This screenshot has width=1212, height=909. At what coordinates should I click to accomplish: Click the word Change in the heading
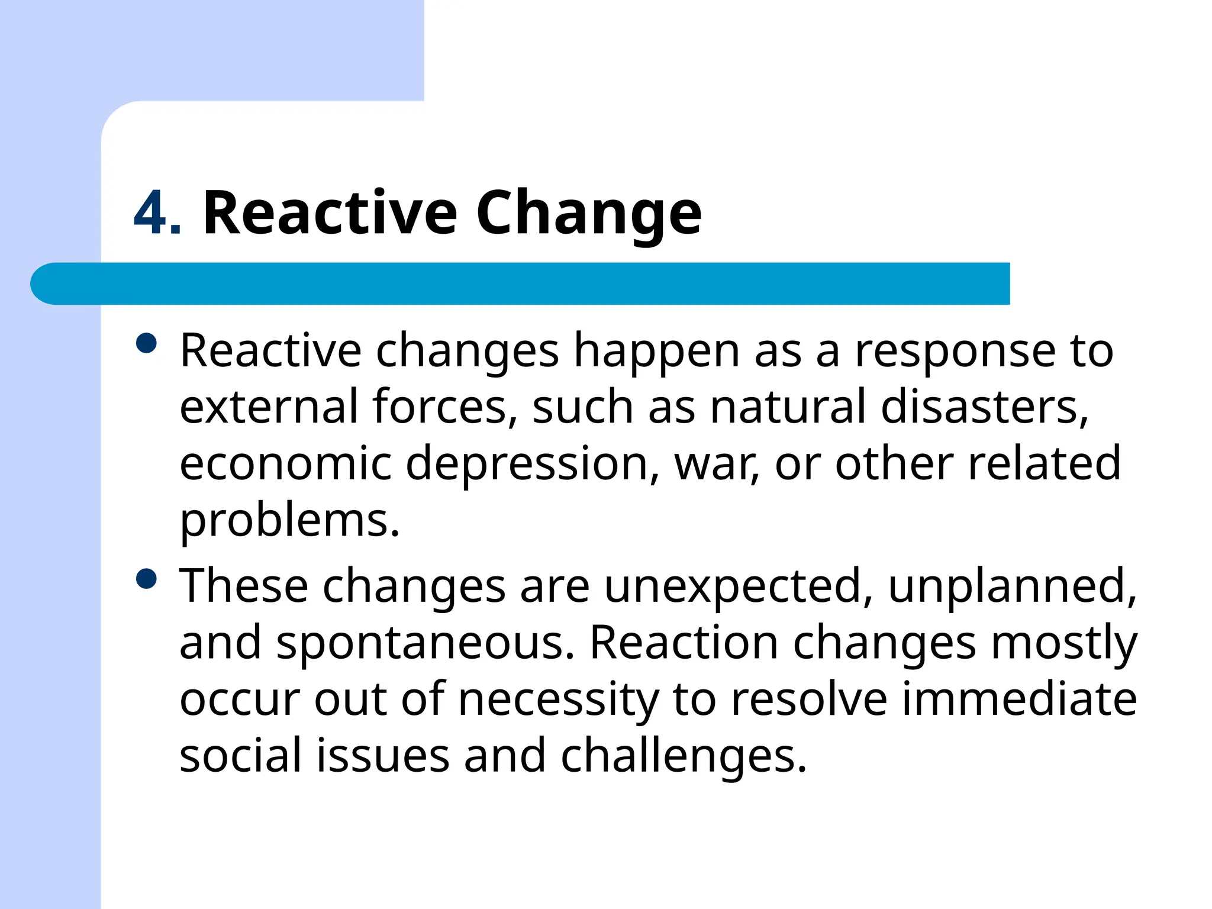pos(588,213)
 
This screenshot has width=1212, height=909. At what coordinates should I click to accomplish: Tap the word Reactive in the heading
pos(330,213)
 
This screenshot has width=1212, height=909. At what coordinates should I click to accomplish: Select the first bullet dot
pos(146,343)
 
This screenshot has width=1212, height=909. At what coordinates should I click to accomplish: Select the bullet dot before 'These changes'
pos(146,578)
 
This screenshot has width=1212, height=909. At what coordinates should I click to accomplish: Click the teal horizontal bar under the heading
pos(521,283)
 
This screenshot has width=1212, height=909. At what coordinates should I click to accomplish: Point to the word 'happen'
pos(657,352)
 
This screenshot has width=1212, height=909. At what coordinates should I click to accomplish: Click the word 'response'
pos(955,352)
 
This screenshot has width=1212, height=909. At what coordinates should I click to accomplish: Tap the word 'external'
pos(269,407)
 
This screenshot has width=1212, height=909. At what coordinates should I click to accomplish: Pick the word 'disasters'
pos(984,407)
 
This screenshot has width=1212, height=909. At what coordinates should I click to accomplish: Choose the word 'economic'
pos(285,463)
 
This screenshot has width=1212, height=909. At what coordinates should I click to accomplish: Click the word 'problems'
pos(289,521)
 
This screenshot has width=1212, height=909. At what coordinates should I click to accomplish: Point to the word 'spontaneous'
pos(424,643)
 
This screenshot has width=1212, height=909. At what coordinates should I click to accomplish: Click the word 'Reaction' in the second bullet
pos(684,643)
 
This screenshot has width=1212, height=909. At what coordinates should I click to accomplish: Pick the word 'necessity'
pos(558,700)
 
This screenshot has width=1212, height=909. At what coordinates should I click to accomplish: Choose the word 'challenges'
pos(683,757)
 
